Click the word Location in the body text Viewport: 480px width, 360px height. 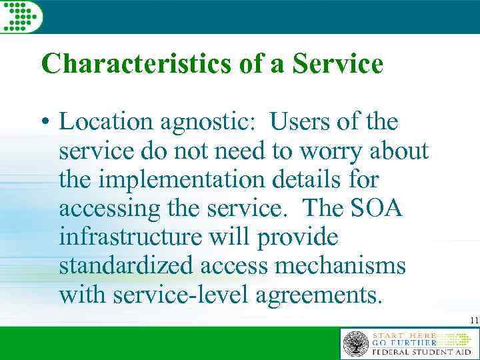(105, 122)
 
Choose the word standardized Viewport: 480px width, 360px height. (126, 266)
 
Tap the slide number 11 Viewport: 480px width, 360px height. (473, 321)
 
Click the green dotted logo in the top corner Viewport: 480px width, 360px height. (21, 15)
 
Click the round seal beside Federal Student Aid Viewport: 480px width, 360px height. (355, 344)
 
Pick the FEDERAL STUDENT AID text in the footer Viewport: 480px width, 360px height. (420, 351)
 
